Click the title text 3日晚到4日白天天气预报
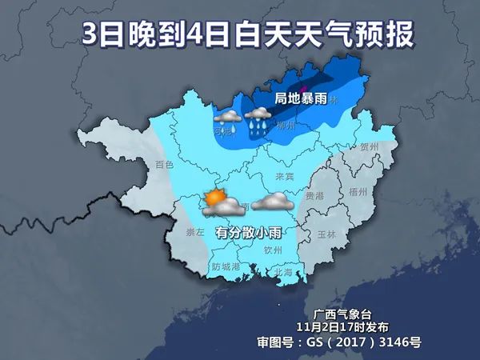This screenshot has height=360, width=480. [240, 34]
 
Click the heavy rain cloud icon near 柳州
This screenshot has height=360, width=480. [258, 120]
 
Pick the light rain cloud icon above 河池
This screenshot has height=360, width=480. [226, 118]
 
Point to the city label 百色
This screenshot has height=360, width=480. [164, 164]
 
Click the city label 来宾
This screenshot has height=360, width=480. [285, 175]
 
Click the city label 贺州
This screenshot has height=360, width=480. [369, 147]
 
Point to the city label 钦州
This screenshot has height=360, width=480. [273, 249]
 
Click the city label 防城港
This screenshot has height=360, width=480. [226, 266]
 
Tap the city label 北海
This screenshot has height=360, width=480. [283, 272]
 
